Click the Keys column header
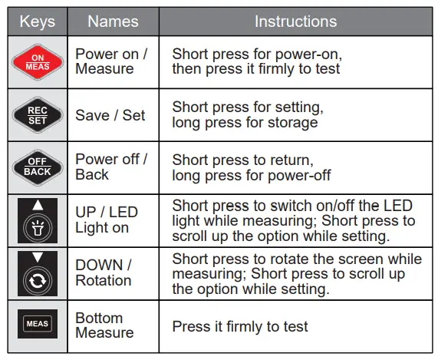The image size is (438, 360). pos(37,21)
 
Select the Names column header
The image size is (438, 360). pos(113,21)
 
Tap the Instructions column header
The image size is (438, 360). pos(295,21)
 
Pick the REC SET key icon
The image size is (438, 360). pos(38,115)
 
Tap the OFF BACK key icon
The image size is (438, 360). pos(38,167)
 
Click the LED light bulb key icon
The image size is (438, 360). pos(38,222)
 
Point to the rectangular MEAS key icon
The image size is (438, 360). pos(38,324)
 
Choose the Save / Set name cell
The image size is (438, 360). pos(110,115)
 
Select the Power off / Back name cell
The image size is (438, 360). pos(111,167)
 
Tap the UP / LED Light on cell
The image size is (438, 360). pos(107,220)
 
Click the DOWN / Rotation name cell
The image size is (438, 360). pos(104,272)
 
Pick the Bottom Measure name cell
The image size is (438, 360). pos(104,325)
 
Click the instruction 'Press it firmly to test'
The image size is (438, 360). pos(240,326)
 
